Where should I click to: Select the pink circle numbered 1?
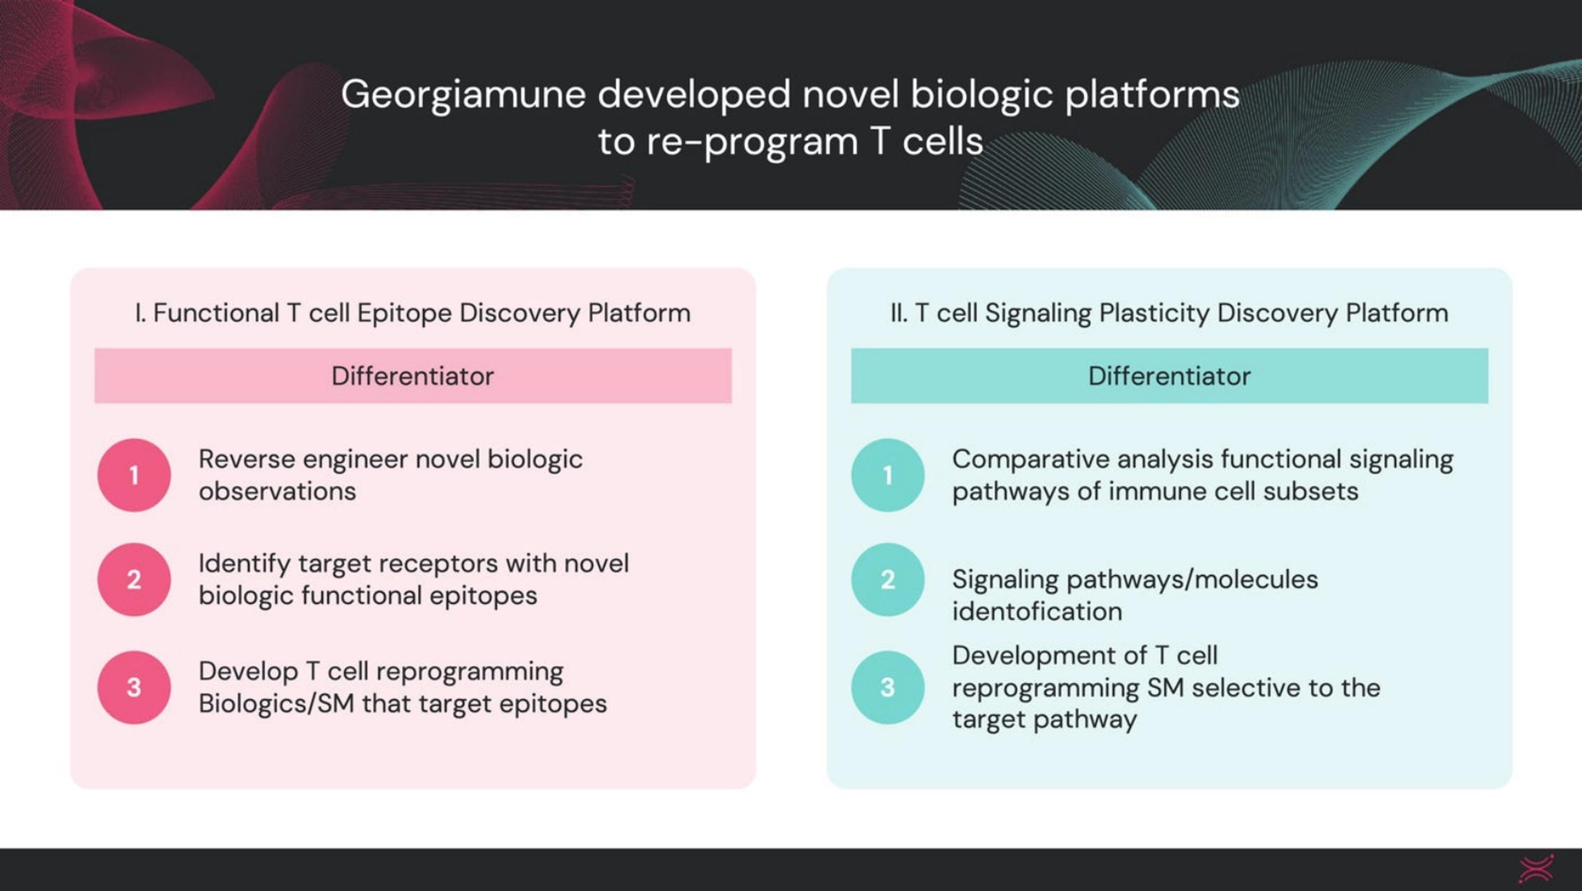click(134, 475)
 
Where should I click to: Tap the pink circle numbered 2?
click(134, 579)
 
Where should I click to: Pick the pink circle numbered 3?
click(134, 687)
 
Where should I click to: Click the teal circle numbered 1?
click(887, 475)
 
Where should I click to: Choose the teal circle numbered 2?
click(887, 579)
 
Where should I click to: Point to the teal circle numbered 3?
click(887, 687)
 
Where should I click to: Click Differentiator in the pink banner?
click(413, 376)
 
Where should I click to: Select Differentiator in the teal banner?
click(1169, 376)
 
